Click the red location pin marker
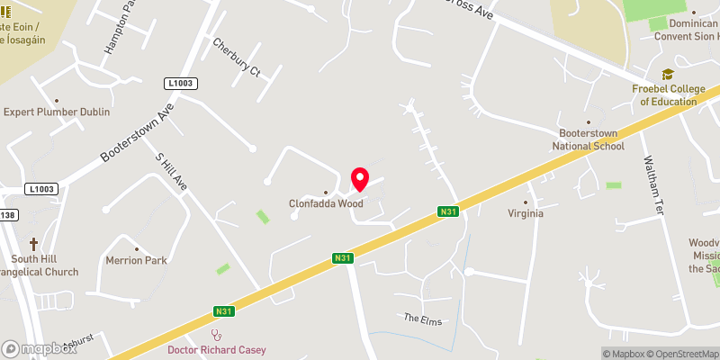click(359, 179)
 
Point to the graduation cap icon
click(668, 75)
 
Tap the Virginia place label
click(526, 214)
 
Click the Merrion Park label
click(137, 261)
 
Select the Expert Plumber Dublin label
click(57, 112)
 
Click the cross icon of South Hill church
click(34, 244)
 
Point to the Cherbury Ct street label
click(236, 58)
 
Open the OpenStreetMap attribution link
click(680, 354)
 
